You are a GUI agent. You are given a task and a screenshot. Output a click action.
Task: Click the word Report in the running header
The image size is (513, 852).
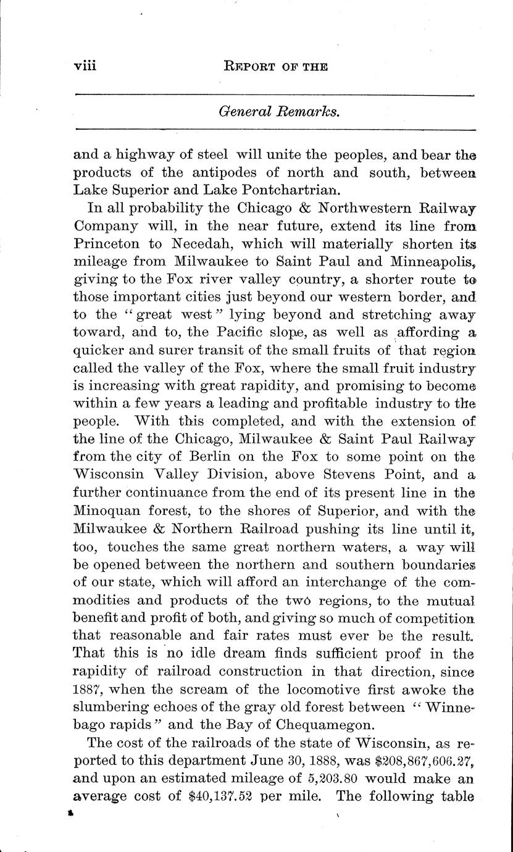[x=248, y=67]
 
